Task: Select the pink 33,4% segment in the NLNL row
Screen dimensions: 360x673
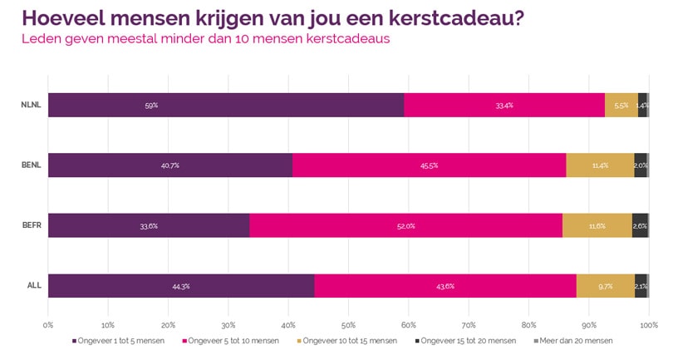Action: coord(504,106)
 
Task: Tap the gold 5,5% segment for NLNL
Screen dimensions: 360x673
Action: coord(621,106)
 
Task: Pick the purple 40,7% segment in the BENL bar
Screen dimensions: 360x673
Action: coord(170,165)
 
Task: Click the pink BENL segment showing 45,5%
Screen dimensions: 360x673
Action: coord(429,165)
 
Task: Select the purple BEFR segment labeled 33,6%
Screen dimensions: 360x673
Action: coord(149,225)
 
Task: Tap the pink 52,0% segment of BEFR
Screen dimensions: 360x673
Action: coord(405,225)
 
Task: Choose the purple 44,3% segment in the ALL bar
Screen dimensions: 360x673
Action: coord(181,285)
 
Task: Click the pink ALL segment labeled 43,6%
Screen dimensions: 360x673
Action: coord(445,285)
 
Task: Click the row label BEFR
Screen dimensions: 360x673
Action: coord(32,225)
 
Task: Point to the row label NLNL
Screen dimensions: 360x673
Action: coord(32,106)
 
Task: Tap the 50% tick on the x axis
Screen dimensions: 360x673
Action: coord(348,323)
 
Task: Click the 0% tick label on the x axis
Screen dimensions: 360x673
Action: coord(48,323)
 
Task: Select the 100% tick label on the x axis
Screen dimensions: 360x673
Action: coord(648,323)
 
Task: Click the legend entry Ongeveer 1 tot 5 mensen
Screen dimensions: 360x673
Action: coord(121,341)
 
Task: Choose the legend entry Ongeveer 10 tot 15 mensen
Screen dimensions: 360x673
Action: coord(350,341)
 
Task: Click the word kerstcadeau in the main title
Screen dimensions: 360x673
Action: coord(449,18)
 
